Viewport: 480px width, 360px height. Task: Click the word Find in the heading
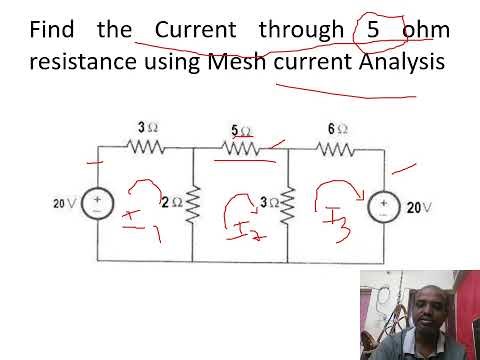52,29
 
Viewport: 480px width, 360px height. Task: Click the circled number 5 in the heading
372,29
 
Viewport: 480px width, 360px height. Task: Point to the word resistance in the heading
82,63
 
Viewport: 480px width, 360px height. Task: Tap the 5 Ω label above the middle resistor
241,130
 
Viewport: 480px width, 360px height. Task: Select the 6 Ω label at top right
337,128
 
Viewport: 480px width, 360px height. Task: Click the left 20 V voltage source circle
98,204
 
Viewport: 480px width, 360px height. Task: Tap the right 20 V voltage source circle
383,206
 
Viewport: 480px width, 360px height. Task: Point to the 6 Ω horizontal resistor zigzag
337,149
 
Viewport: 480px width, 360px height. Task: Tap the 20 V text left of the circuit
65,204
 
